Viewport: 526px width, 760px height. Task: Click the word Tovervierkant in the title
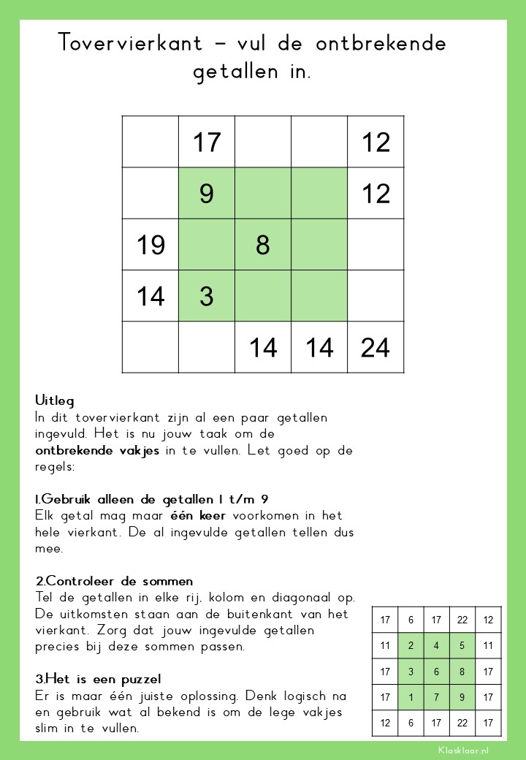pyautogui.click(x=130, y=43)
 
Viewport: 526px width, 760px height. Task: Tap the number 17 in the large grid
pyautogui.click(x=207, y=142)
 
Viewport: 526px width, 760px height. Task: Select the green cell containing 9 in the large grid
pyautogui.click(x=207, y=194)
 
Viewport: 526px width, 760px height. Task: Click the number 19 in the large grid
pyautogui.click(x=150, y=245)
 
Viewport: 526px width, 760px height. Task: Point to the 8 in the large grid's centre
pyautogui.click(x=263, y=245)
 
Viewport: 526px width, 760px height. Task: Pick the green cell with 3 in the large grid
pyautogui.click(x=207, y=296)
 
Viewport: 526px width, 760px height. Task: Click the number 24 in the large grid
pyautogui.click(x=376, y=347)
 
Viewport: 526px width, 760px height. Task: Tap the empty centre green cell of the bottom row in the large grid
pyautogui.click(x=263, y=296)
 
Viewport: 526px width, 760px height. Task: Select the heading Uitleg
pyautogui.click(x=55, y=401)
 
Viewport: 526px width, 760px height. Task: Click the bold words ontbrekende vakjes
pyautogui.click(x=97, y=450)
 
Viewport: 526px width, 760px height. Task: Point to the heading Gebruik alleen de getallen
pyautogui.click(x=151, y=499)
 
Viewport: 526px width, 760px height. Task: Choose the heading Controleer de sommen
pyautogui.click(x=115, y=581)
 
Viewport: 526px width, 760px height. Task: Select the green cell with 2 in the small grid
pyautogui.click(x=411, y=645)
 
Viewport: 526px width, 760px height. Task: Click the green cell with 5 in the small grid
pyautogui.click(x=462, y=645)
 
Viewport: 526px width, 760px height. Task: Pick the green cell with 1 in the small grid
pyautogui.click(x=411, y=697)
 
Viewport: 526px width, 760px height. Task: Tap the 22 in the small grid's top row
pyautogui.click(x=462, y=620)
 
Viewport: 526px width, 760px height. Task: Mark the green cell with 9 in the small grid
pyautogui.click(x=462, y=697)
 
